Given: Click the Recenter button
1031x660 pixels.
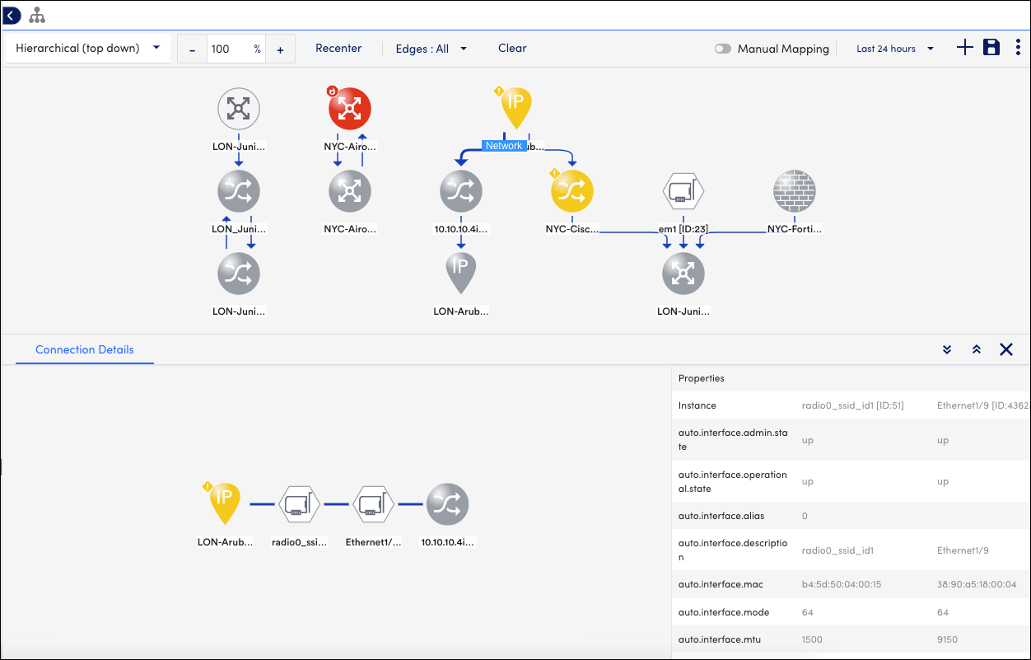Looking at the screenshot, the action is click(x=338, y=49).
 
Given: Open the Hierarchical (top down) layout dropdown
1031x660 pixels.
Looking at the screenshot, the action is click(x=87, y=49).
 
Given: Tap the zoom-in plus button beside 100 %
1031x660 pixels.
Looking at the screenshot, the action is click(x=280, y=49).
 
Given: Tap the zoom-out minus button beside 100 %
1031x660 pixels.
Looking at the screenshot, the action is click(x=193, y=49).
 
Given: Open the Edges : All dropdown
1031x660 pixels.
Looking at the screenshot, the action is click(x=431, y=49).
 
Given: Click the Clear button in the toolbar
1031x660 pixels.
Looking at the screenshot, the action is click(x=512, y=49).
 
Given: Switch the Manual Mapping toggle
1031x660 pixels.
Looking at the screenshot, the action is click(x=723, y=49).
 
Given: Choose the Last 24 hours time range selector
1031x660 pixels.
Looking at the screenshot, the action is click(x=895, y=49).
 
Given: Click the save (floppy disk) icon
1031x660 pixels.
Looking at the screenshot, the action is click(x=991, y=48).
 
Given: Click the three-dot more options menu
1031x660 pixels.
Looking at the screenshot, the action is click(x=1018, y=48).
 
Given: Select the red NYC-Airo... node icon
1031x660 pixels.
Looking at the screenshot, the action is click(x=349, y=109).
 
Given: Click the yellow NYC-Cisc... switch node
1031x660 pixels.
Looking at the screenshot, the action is click(x=572, y=191).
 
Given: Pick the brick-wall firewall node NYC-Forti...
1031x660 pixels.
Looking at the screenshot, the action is click(x=795, y=191).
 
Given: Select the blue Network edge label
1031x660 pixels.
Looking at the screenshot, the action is click(x=504, y=146).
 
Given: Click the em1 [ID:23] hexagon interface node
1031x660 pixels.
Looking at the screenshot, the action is click(x=683, y=191).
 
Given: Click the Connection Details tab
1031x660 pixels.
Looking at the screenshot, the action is click(x=85, y=349).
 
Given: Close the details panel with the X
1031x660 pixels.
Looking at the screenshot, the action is click(x=1006, y=349).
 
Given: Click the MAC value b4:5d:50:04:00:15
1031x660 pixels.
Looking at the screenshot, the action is click(x=842, y=584).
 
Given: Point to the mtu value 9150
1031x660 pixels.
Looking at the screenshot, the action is click(x=947, y=639).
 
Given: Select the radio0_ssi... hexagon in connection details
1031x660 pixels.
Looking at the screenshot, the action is click(x=299, y=504).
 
